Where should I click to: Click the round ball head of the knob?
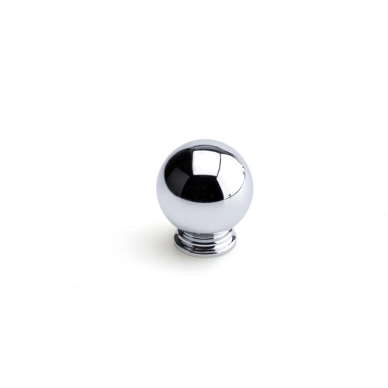204,185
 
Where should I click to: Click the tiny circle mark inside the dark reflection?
204,188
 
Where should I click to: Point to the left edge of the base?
175,242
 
